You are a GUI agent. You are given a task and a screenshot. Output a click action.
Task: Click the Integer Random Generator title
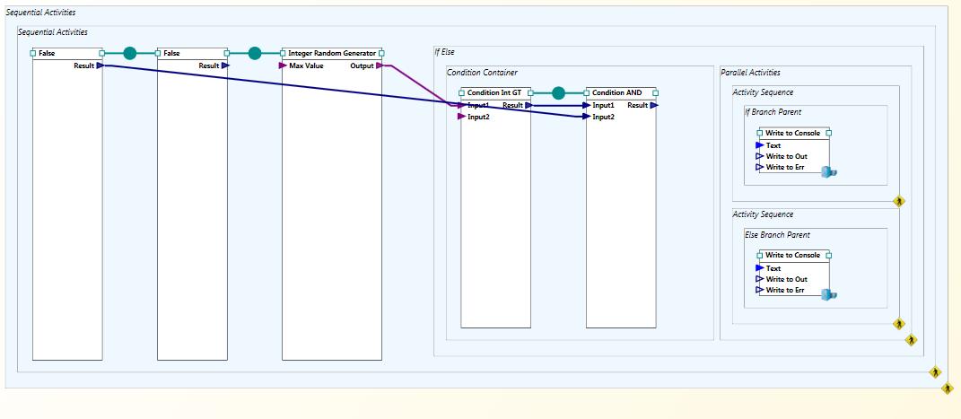click(x=332, y=53)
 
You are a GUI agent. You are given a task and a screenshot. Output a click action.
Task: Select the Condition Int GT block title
click(x=494, y=93)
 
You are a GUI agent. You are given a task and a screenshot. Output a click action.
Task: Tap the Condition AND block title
click(x=616, y=93)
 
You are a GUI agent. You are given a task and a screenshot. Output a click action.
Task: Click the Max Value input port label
click(x=307, y=65)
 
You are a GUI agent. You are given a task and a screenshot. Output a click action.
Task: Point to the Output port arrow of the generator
click(x=380, y=65)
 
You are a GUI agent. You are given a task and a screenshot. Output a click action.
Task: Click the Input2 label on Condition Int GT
click(x=478, y=117)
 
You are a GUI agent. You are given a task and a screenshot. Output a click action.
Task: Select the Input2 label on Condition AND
click(x=603, y=117)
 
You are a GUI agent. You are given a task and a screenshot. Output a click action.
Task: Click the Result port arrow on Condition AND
click(x=654, y=105)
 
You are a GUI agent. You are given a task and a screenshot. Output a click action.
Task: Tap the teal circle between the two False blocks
click(x=130, y=53)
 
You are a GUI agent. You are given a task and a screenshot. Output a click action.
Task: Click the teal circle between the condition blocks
click(x=558, y=93)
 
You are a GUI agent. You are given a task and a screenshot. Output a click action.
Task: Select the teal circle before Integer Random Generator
click(x=255, y=53)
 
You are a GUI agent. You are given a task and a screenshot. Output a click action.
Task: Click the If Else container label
click(x=444, y=52)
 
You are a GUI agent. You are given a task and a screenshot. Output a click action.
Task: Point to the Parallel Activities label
click(x=751, y=73)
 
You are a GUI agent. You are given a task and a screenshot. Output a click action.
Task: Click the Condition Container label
click(x=482, y=73)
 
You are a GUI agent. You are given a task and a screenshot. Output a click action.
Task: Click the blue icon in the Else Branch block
click(x=829, y=294)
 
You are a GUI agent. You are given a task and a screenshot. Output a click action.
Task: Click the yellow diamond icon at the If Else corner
click(x=912, y=340)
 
